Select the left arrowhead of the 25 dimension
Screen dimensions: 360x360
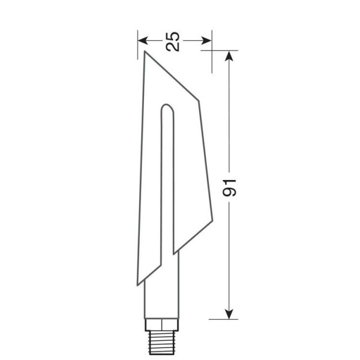tap(142, 41)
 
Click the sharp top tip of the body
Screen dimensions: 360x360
tap(145, 52)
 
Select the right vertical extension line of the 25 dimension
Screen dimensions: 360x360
tap(211, 45)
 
